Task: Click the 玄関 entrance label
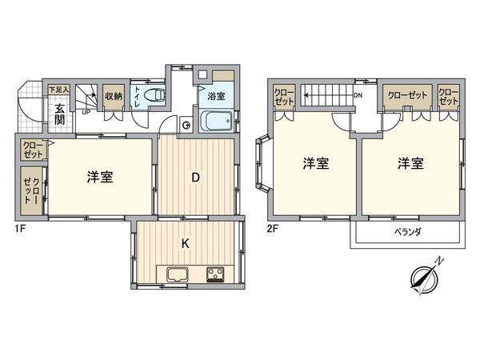pos(60,114)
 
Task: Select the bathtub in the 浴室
pos(215,123)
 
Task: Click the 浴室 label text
pos(216,96)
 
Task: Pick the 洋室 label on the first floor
pos(100,177)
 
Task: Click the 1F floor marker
pos(18,228)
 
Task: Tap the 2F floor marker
pos(272,228)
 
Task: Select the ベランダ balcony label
pos(408,232)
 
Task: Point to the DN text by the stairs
pos(359,94)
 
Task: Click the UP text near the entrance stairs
pos(86,113)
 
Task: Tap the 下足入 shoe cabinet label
pos(60,90)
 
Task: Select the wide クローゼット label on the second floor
pos(406,95)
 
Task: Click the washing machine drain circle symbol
pos(186,124)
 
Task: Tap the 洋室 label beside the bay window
pos(315,164)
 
